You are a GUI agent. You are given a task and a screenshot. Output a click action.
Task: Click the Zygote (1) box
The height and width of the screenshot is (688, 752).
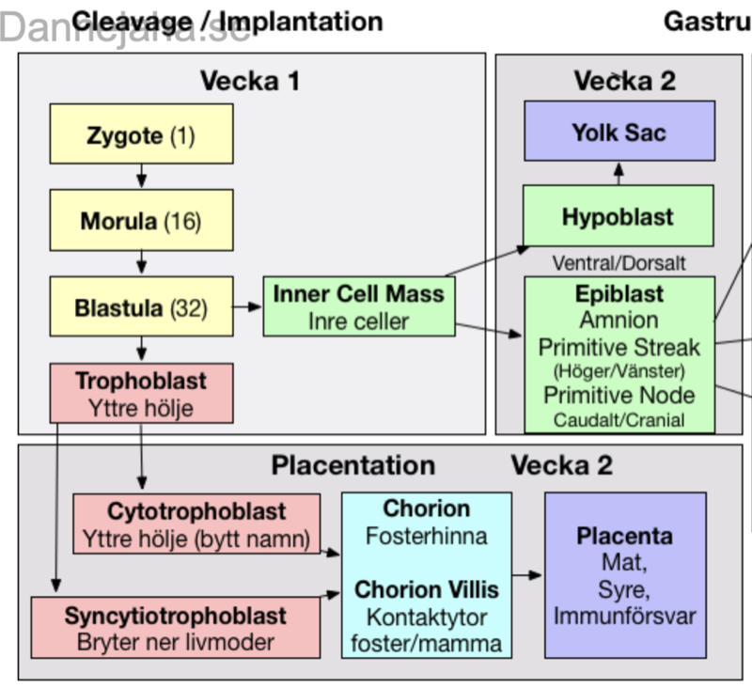coord(141,134)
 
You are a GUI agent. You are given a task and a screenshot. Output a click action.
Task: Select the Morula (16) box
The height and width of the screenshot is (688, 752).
coord(141,221)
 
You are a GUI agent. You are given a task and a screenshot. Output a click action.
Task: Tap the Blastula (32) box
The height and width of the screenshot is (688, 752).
coord(141,306)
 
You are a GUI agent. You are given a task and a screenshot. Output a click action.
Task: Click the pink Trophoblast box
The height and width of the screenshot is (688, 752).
coord(141,393)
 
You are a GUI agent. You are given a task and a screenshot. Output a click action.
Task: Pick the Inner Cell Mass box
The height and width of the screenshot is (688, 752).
coord(358,306)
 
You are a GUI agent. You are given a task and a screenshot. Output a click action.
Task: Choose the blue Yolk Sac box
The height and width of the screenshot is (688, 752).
coord(619,132)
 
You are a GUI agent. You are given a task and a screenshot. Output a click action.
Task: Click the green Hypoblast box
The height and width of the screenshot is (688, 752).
coord(618,216)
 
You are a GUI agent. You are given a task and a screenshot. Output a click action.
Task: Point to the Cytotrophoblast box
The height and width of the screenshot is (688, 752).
coord(196,524)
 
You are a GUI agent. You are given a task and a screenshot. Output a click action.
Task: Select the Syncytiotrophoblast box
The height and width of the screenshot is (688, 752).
coord(175,628)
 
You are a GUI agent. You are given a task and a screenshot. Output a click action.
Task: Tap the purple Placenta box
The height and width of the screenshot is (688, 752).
coord(625,575)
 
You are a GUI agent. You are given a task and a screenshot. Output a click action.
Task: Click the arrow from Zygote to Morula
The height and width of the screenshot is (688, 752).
coord(141,178)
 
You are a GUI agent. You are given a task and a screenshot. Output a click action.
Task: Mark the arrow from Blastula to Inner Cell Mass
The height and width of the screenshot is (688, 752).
coord(248,306)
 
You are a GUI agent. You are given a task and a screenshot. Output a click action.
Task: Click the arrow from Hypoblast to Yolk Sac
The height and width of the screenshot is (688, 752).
coord(619,173)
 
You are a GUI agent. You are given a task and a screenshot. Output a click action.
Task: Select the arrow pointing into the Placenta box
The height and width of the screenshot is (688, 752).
coord(528,575)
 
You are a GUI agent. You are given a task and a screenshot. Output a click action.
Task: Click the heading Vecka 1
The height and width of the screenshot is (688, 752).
coord(250,81)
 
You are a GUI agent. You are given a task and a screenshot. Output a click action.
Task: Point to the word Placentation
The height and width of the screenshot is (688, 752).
coord(353,465)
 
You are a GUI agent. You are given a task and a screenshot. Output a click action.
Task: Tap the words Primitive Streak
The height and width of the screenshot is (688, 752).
coord(619,347)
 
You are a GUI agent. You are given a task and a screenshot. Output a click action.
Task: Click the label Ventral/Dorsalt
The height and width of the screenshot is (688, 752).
coord(619,263)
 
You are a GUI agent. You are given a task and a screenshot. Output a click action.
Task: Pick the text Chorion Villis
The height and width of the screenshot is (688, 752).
coord(427,590)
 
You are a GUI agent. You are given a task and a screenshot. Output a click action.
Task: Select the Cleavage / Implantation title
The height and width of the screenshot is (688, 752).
coord(227,21)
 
